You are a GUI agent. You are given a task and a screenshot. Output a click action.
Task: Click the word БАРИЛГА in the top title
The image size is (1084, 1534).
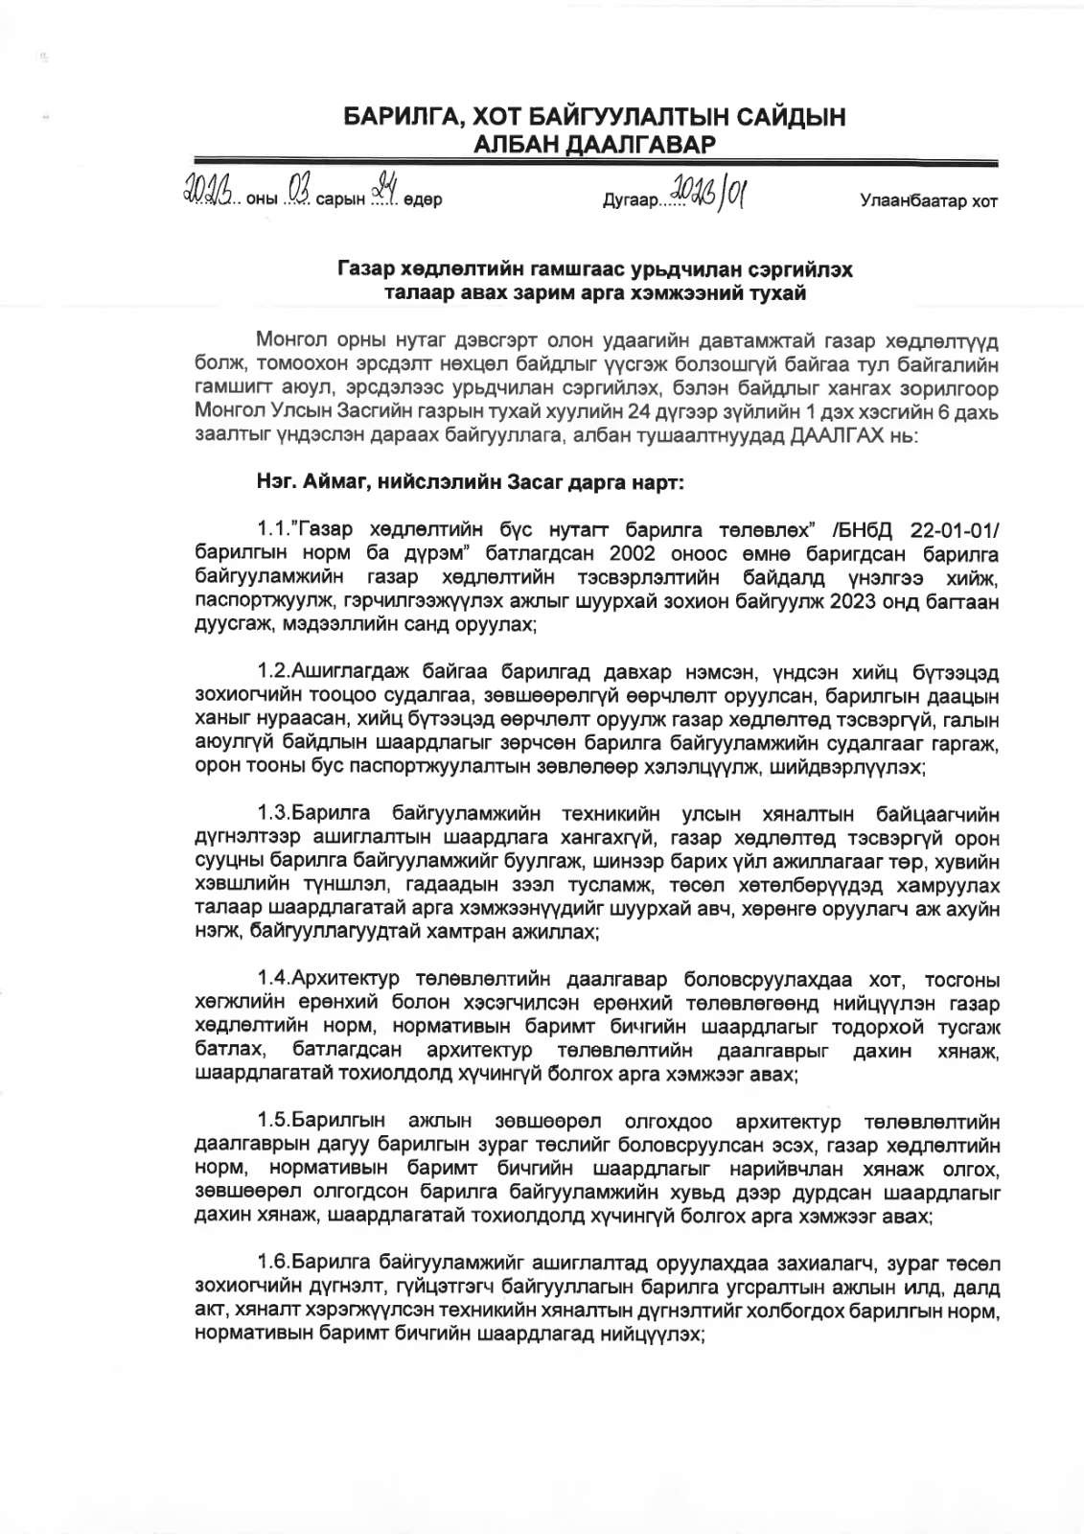(x=397, y=118)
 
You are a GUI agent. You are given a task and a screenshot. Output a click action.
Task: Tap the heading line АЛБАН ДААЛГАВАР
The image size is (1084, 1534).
(x=595, y=145)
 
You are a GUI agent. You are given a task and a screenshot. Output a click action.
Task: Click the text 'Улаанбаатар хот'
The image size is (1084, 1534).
(x=929, y=201)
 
